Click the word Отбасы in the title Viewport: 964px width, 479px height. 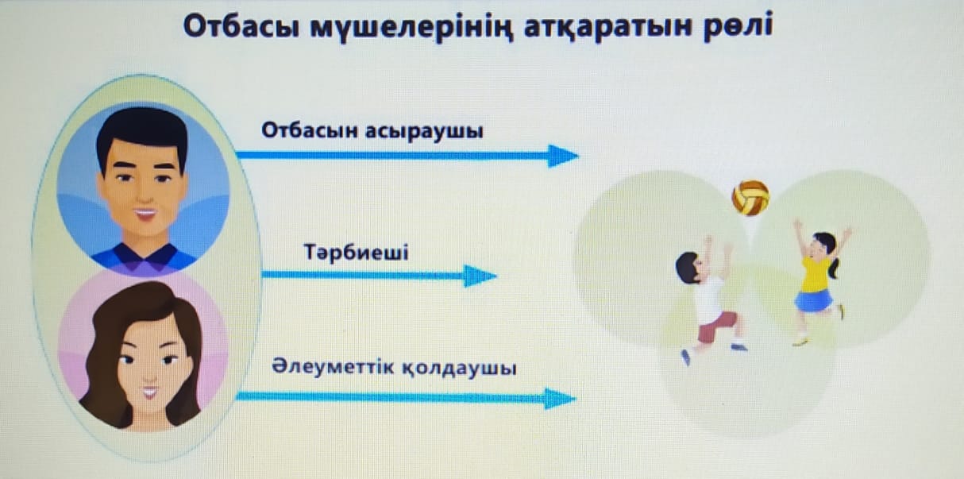coord(241,27)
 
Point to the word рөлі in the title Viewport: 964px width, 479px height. coord(738,27)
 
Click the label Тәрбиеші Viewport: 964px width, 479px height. coord(356,252)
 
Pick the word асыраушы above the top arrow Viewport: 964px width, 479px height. coord(424,131)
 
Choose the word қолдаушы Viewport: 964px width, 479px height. coord(459,369)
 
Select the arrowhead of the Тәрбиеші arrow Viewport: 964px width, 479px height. coord(480,276)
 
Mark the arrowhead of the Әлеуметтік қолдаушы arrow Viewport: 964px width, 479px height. coord(560,399)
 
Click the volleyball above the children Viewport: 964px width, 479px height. coord(750,198)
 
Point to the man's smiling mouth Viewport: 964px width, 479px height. coord(145,214)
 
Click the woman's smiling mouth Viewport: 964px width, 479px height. coord(150,392)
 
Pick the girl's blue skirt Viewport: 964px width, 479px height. coord(813,300)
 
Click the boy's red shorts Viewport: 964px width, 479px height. coord(716,326)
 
